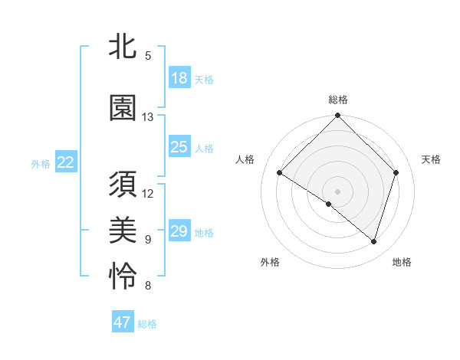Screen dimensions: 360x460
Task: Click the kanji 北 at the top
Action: [123, 46]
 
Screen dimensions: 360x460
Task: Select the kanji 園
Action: [123, 108]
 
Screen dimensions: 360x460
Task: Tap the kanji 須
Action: [123, 187]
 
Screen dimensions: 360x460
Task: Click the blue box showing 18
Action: [179, 78]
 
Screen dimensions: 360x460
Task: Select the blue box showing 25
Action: [179, 147]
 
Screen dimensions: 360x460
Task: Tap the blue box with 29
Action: [179, 231]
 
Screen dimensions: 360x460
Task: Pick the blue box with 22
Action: [66, 162]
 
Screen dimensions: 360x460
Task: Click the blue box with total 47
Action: [123, 322]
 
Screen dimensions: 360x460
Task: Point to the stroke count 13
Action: [148, 117]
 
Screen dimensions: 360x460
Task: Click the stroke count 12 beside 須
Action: [148, 193]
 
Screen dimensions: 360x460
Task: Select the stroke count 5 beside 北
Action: [148, 55]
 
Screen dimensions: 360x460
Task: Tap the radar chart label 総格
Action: [337, 100]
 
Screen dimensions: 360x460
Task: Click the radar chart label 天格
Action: [431, 159]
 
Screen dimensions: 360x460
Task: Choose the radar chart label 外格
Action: [270, 262]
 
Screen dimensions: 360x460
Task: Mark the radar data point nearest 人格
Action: [280, 174]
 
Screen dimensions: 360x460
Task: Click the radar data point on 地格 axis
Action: [373, 241]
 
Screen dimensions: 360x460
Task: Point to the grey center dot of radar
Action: [337, 191]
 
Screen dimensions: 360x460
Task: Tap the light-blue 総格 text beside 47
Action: [148, 324]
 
